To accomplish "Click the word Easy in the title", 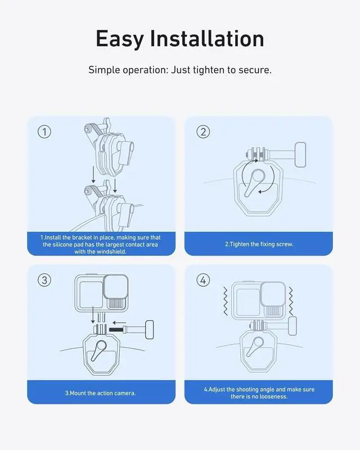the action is (x=119, y=39).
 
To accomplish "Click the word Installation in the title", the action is (x=207, y=38).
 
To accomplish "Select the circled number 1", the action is (x=44, y=132).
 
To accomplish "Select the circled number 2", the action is (x=203, y=132).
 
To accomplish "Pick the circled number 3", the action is (x=44, y=280).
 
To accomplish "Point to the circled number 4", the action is (x=203, y=280).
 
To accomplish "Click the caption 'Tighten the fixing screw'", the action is (x=259, y=244).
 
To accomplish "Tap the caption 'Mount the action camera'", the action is (x=100, y=393).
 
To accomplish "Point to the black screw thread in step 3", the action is (x=118, y=330).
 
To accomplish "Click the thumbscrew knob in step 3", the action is (x=150, y=330).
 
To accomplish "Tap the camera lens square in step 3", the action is (x=116, y=287).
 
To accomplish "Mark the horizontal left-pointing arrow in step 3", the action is (x=119, y=322).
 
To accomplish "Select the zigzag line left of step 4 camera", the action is (x=226, y=300).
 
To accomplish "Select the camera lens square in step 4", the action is (x=273, y=294).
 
